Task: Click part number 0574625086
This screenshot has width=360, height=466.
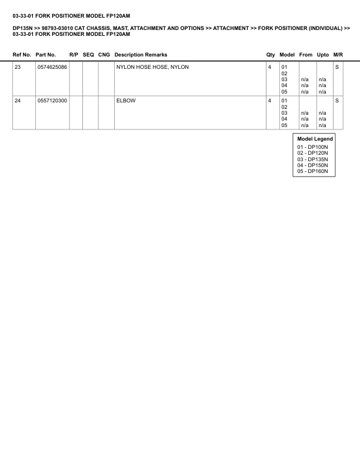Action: [52, 67]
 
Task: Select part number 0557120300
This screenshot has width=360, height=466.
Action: [52, 101]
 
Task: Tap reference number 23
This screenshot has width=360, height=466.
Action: [18, 67]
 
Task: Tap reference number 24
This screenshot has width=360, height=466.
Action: [18, 101]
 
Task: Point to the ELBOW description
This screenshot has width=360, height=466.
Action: [126, 101]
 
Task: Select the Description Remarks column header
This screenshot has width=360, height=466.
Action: [141, 55]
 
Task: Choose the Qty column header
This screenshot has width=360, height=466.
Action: [271, 55]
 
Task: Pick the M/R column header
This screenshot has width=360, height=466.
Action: [338, 55]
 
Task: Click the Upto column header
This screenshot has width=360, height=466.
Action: [322, 55]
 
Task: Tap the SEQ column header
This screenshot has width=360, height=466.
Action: [88, 55]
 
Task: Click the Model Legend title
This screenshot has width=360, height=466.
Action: [315, 139]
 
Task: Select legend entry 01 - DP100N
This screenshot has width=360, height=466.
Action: [312, 147]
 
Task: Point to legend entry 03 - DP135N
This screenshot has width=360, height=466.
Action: [312, 159]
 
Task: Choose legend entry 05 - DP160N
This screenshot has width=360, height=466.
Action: [312, 171]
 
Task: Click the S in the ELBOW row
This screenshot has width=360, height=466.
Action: [337, 101]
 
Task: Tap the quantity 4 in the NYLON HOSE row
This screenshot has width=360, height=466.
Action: [269, 67]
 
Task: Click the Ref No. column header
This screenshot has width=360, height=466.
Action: [22, 55]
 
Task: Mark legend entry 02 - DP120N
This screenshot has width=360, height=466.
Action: [312, 153]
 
